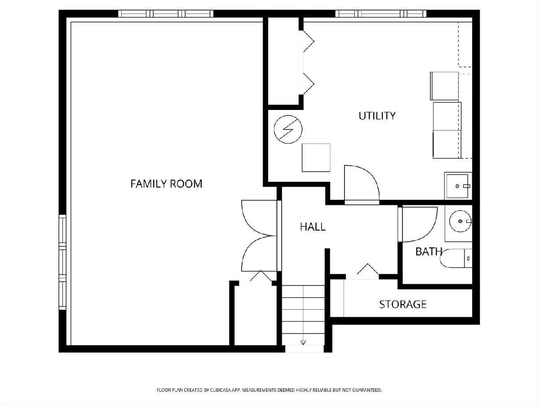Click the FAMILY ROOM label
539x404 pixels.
tap(166, 184)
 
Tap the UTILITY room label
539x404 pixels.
tap(377, 116)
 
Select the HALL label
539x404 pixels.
tap(313, 227)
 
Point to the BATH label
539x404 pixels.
tap(429, 252)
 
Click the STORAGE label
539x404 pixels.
tap(403, 304)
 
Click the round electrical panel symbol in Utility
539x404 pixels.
tap(288, 129)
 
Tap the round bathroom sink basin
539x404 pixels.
tap(460, 221)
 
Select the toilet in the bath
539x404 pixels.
tap(455, 258)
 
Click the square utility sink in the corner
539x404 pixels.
tap(457, 186)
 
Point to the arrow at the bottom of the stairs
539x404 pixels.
tap(303, 343)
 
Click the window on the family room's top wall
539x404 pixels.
tap(166, 14)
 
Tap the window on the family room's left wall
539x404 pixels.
tap(62, 262)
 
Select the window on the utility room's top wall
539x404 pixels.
tap(381, 14)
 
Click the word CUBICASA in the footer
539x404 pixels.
tap(220, 390)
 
